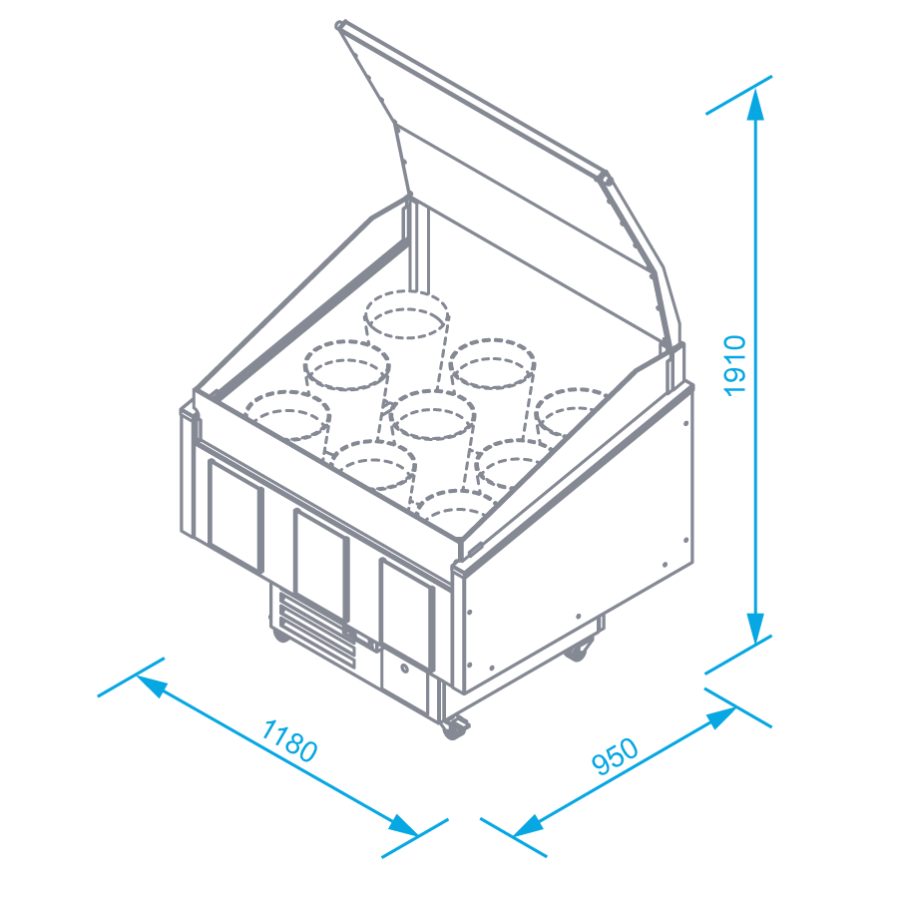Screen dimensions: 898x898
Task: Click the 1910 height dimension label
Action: click(x=735, y=365)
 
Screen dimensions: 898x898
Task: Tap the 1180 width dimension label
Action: click(x=289, y=741)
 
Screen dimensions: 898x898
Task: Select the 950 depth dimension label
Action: click(x=615, y=756)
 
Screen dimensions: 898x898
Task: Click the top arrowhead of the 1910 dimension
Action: click(x=755, y=105)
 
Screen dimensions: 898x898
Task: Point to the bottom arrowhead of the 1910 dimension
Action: click(x=755, y=629)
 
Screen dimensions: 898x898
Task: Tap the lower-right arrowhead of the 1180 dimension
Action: click(x=403, y=826)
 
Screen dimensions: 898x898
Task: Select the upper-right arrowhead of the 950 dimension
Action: click(x=721, y=717)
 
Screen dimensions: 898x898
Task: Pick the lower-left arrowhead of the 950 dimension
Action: click(x=528, y=826)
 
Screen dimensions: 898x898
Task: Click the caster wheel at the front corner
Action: click(x=454, y=727)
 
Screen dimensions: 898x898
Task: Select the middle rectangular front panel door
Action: click(x=321, y=565)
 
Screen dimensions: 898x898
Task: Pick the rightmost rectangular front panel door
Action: click(x=407, y=614)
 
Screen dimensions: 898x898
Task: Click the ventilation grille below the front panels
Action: click(x=316, y=631)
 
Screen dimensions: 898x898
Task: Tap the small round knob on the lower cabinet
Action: click(x=405, y=668)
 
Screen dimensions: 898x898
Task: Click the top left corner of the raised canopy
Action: click(x=339, y=25)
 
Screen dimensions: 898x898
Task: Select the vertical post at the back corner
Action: click(x=418, y=246)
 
